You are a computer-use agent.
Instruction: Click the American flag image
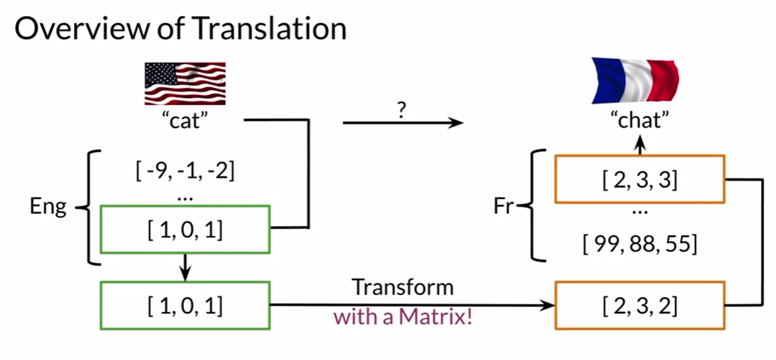(x=185, y=84)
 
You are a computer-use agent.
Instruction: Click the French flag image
(x=635, y=81)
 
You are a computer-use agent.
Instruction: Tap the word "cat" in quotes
(x=185, y=121)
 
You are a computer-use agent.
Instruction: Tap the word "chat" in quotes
(x=640, y=121)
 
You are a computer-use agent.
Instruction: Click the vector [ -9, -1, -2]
(x=185, y=169)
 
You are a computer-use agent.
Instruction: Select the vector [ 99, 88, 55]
(x=640, y=244)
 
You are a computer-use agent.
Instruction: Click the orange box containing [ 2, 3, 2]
(x=640, y=305)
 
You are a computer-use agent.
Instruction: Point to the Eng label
(x=48, y=207)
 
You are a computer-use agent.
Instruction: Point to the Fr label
(x=503, y=207)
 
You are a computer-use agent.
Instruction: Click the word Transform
(x=402, y=287)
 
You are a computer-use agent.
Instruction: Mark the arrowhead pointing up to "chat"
(x=640, y=145)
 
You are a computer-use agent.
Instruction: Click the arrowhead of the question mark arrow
(x=456, y=123)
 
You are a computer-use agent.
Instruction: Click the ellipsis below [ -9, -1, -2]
(x=185, y=198)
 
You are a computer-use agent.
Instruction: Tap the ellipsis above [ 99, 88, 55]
(x=640, y=212)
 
